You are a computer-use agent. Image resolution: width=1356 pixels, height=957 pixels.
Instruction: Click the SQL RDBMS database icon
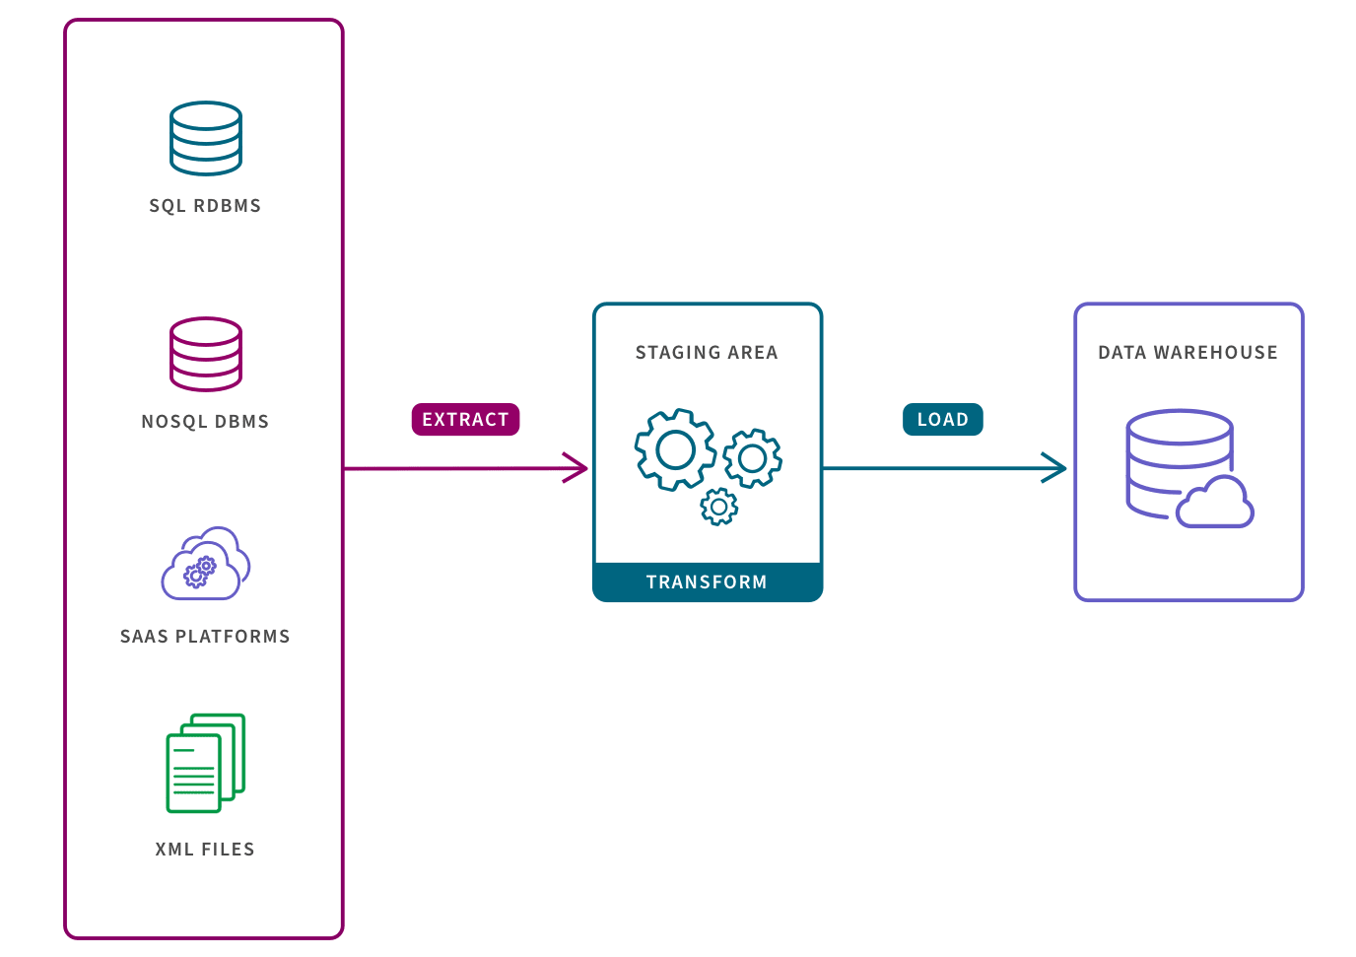coord(205,138)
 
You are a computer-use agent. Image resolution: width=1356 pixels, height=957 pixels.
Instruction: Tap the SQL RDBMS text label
coord(205,206)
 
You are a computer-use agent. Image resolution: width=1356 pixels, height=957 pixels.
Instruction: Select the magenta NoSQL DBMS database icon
coord(205,354)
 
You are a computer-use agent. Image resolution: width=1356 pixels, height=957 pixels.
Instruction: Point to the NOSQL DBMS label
coord(205,422)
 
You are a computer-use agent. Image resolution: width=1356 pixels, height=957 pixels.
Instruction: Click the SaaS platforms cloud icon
coord(206,565)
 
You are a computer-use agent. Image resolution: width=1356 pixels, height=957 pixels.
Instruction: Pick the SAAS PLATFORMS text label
coord(205,637)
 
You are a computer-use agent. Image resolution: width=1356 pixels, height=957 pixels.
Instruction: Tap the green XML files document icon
coord(204,764)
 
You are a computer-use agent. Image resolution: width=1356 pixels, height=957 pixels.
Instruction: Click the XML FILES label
coord(205,850)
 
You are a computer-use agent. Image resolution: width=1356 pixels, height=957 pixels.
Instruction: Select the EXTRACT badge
coord(465,420)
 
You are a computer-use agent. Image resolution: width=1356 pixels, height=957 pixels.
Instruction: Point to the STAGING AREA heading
coord(707,353)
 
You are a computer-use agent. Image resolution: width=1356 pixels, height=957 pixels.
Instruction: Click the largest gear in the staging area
coord(675,450)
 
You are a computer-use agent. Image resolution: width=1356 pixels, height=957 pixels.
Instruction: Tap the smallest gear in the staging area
coord(718,507)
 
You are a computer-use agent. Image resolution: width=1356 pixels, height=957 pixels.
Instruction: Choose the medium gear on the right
coord(753,457)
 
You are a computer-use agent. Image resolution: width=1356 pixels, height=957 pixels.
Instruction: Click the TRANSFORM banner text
coord(707,582)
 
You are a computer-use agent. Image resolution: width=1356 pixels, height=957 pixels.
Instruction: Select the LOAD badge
coord(943,420)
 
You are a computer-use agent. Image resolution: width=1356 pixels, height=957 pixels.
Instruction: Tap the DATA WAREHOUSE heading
coord(1187,353)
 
